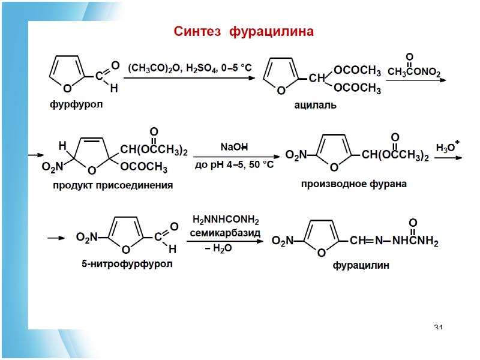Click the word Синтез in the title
click(x=197, y=31)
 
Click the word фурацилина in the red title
click(x=272, y=32)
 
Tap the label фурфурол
click(x=76, y=104)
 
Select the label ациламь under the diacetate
click(x=316, y=106)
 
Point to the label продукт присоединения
click(x=113, y=185)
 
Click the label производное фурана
click(x=354, y=184)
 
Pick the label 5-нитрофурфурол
click(x=127, y=263)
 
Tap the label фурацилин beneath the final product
click(x=361, y=265)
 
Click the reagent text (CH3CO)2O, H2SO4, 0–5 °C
click(x=190, y=68)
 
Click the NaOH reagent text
click(x=234, y=147)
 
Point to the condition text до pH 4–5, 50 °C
click(x=234, y=165)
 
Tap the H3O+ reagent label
click(x=448, y=146)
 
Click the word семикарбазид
click(x=225, y=233)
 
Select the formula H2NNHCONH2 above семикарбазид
click(x=226, y=220)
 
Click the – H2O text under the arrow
click(x=218, y=248)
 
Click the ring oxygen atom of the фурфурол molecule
click(x=67, y=88)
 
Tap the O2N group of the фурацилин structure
click(x=283, y=241)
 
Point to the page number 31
click(x=439, y=327)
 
